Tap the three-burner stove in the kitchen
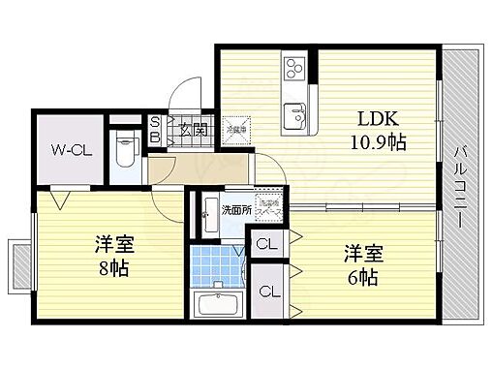tap(294, 70)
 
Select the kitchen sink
tap(294, 118)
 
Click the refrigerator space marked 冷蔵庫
tap(236, 128)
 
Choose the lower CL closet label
tap(271, 291)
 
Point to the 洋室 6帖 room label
tap(363, 264)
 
